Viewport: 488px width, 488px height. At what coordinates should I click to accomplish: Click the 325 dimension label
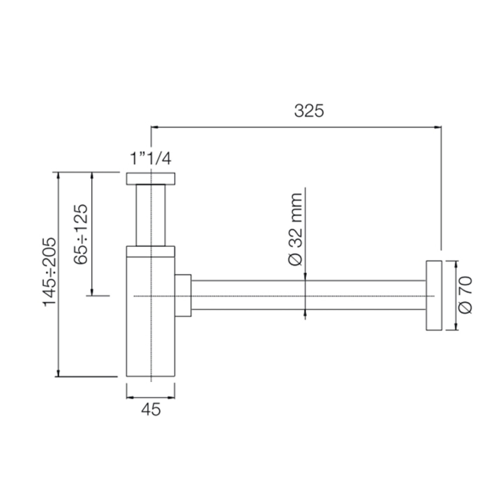pos(309,111)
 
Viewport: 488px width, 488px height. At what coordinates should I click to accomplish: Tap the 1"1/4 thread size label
pos(150,158)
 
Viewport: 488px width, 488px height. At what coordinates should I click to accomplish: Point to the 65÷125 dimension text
pos(80,234)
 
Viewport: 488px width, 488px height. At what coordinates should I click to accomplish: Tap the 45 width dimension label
pos(151,410)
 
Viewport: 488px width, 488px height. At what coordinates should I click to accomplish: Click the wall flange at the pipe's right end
pos(434,296)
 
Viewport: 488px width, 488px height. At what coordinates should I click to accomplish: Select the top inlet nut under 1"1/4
pos(150,179)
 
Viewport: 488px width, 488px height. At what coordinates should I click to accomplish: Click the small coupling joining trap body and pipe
pos(183,295)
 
